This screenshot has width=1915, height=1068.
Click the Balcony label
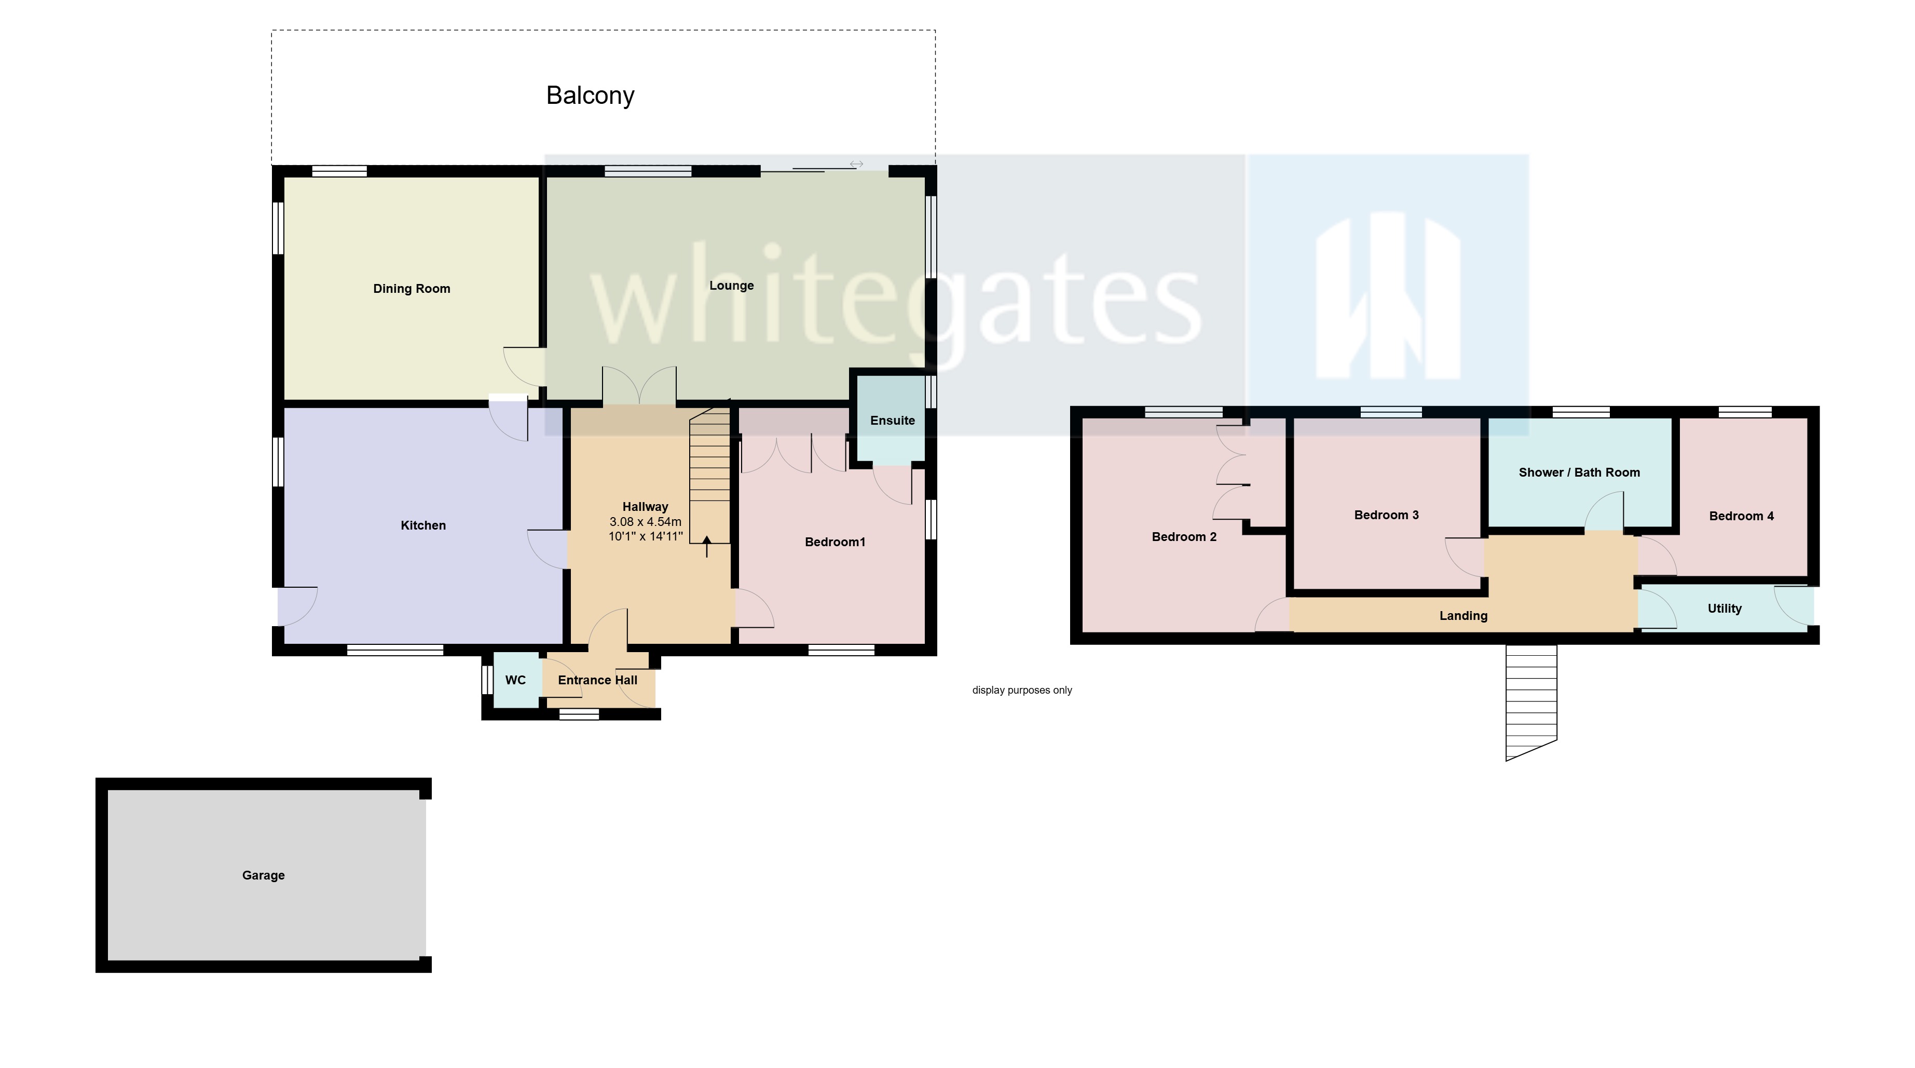click(x=590, y=95)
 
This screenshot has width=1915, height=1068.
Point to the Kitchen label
click(x=423, y=525)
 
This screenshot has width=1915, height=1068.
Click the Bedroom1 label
click(x=835, y=542)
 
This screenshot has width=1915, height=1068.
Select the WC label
click(x=515, y=680)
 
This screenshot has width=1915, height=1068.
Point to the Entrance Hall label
click(x=598, y=680)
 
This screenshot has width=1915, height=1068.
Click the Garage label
click(x=263, y=875)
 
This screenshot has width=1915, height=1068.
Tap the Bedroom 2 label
click(x=1183, y=537)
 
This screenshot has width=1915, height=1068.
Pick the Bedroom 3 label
click(x=1386, y=515)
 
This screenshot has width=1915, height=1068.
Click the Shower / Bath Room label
click(x=1579, y=472)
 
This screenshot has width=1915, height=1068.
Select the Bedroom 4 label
click(x=1741, y=516)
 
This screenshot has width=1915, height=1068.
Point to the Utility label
click(x=1724, y=609)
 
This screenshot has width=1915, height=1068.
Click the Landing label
click(x=1463, y=616)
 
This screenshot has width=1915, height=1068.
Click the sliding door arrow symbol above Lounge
click(x=856, y=164)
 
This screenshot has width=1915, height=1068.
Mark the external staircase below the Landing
click(x=1530, y=699)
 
